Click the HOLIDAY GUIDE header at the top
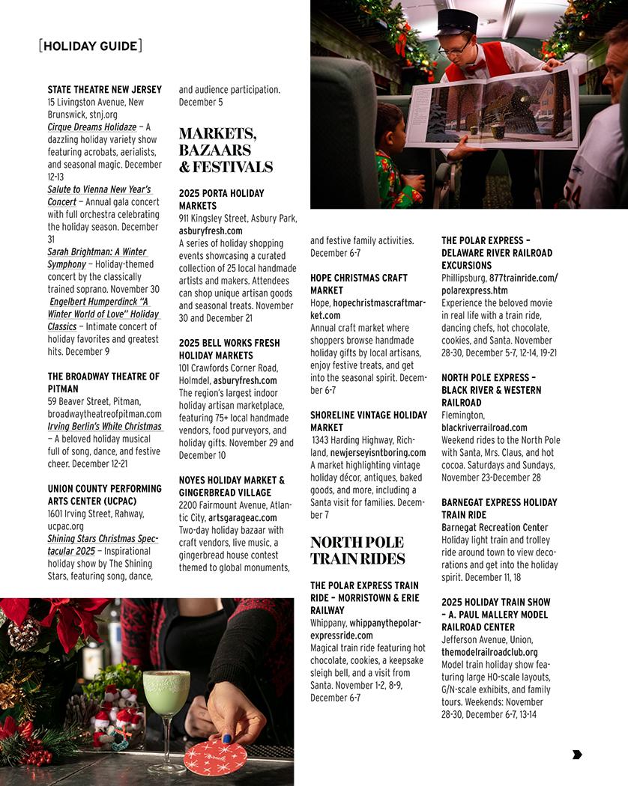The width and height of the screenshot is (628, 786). tap(90, 46)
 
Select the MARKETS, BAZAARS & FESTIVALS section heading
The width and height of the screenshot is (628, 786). tap(225, 150)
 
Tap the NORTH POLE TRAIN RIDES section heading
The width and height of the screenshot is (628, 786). tap(357, 550)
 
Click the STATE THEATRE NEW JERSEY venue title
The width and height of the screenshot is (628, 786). tap(104, 90)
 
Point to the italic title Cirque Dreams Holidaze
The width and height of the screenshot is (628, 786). tap(92, 127)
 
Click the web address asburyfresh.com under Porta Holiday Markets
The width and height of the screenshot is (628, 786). tap(211, 231)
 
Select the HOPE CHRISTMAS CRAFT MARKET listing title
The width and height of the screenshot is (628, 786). tap(359, 284)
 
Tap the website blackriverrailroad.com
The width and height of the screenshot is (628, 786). tap(484, 427)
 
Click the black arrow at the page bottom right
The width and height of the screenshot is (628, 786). tap(576, 755)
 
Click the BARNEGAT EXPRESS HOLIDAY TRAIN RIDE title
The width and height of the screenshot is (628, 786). tap(499, 508)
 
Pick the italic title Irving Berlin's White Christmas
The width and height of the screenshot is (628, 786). tap(104, 427)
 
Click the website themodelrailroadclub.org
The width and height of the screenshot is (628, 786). tap(489, 652)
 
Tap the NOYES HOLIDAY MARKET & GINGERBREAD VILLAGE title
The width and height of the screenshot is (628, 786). tap(232, 486)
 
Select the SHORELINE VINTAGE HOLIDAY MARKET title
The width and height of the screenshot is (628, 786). tap(369, 421)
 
